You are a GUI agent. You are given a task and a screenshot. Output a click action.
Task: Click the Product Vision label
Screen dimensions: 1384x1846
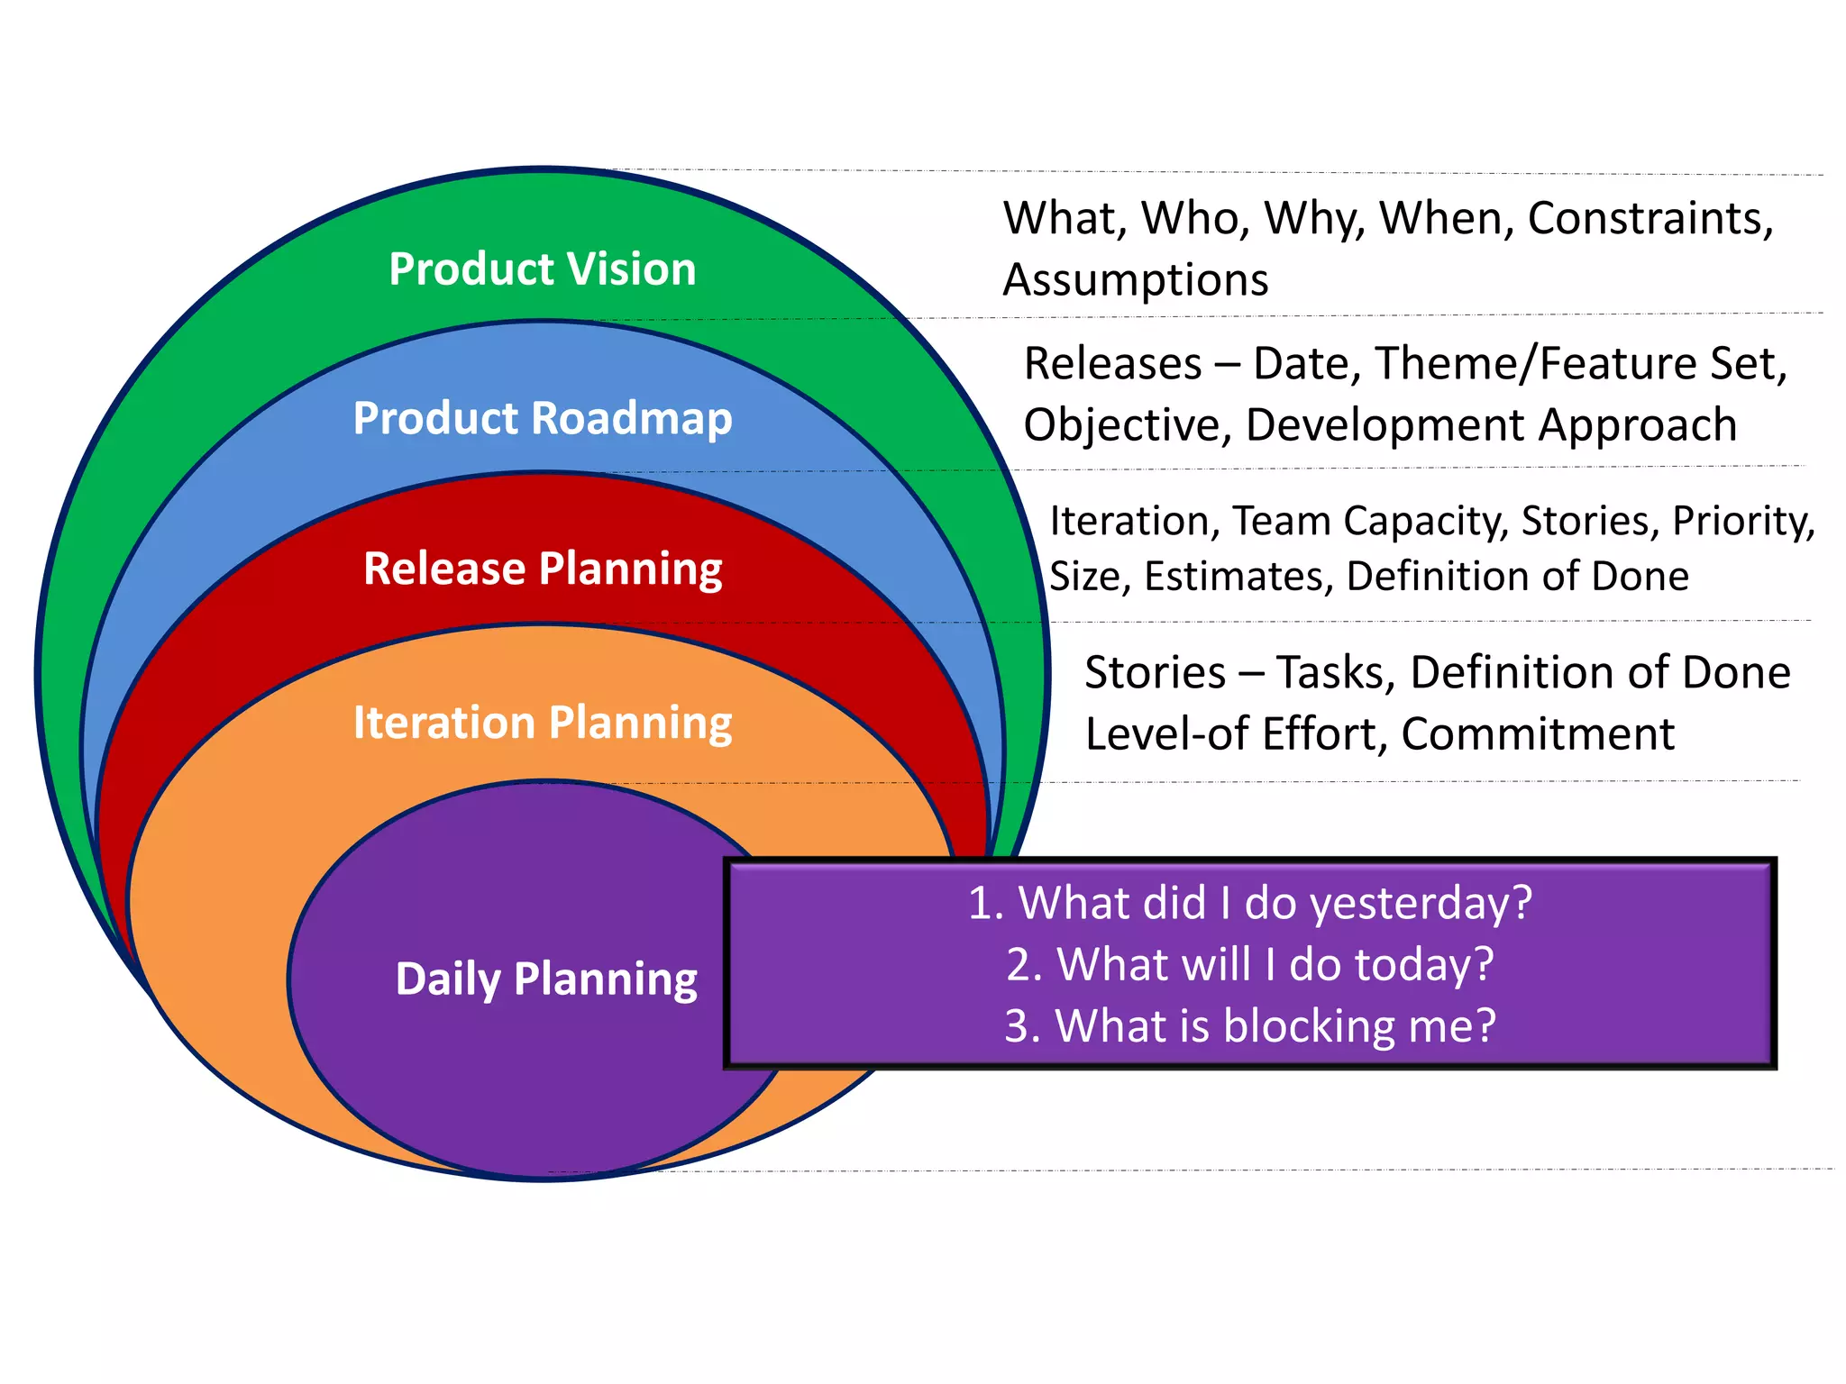(x=543, y=269)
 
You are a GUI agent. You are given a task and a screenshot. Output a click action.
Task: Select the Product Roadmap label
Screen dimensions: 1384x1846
(x=543, y=419)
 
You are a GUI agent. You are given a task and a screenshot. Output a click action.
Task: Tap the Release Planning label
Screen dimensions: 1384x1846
(x=543, y=569)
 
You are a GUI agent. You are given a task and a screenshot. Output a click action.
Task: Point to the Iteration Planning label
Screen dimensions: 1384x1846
(x=543, y=724)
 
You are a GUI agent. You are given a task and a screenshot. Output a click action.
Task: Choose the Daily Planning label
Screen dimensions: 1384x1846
(x=546, y=979)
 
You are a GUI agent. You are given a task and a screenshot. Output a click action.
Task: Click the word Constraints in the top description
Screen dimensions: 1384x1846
(x=1650, y=219)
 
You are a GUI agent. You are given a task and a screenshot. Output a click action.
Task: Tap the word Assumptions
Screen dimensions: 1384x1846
(x=1136, y=280)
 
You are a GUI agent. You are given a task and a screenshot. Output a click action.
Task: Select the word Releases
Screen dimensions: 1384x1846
(x=1113, y=365)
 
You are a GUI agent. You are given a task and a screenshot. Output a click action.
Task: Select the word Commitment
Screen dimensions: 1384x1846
(x=1538, y=734)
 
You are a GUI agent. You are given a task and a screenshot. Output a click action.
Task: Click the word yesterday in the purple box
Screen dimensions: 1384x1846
(x=1421, y=904)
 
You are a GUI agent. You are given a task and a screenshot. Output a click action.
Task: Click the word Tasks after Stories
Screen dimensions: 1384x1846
(x=1335, y=673)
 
